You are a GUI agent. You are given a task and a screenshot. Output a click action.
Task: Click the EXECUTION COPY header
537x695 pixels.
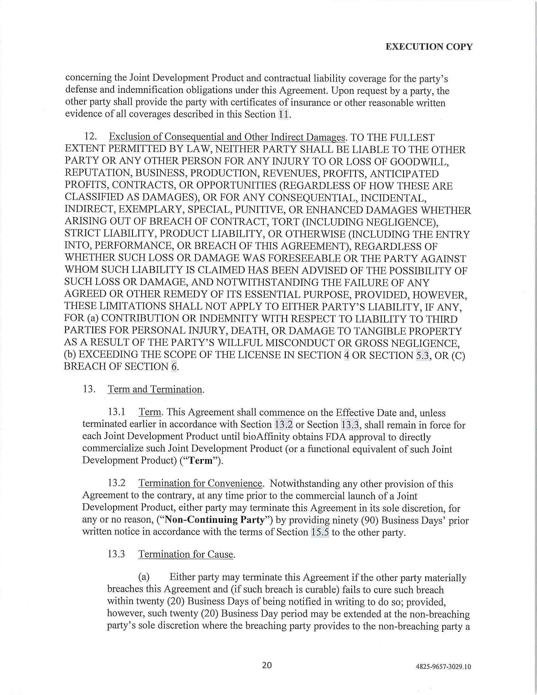pyautogui.click(x=429, y=47)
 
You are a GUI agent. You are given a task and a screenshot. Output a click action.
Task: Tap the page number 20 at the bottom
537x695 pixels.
pyautogui.click(x=267, y=665)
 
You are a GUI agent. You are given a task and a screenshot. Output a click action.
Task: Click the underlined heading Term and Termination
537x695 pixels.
pyautogui.click(x=155, y=389)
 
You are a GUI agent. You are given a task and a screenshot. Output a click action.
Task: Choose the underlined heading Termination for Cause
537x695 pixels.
pyautogui.click(x=186, y=554)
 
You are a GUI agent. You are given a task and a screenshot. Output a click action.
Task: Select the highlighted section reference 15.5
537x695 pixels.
pyautogui.click(x=320, y=532)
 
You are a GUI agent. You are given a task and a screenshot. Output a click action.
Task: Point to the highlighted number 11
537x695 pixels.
pyautogui.click(x=283, y=115)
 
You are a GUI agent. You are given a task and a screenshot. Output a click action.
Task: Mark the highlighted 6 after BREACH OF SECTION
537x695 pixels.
pyautogui.click(x=174, y=367)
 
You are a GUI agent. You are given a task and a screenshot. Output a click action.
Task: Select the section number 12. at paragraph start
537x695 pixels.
pyautogui.click(x=90, y=137)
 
